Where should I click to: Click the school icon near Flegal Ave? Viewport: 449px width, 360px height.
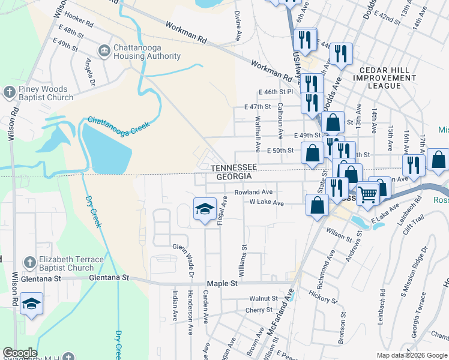205,209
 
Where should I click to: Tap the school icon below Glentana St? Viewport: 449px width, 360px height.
31,304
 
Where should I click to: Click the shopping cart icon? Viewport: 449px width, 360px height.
367,194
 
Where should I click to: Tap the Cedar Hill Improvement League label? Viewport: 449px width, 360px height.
385,78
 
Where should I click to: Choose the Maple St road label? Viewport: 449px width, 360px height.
218,283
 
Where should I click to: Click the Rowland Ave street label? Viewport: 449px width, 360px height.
253,192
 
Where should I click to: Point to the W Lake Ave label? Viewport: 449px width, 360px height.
267,203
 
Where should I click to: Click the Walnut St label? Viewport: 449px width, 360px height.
264,298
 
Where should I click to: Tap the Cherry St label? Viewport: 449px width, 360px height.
259,310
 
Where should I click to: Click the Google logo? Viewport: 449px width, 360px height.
19,353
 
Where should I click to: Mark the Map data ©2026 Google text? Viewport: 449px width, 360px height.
412,355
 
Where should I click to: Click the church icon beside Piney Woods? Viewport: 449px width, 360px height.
9,92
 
